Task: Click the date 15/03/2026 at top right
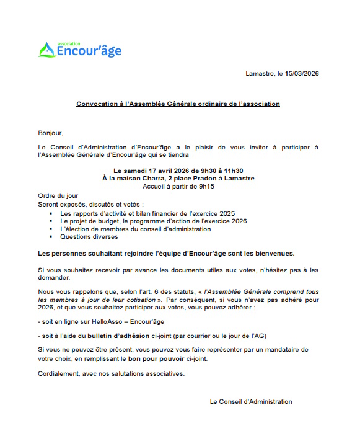coord(302,74)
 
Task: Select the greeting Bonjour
coord(50,133)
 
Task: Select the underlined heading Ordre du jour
coord(58,195)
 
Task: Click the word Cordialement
coord(59,374)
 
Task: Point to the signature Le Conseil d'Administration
coord(251,401)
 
